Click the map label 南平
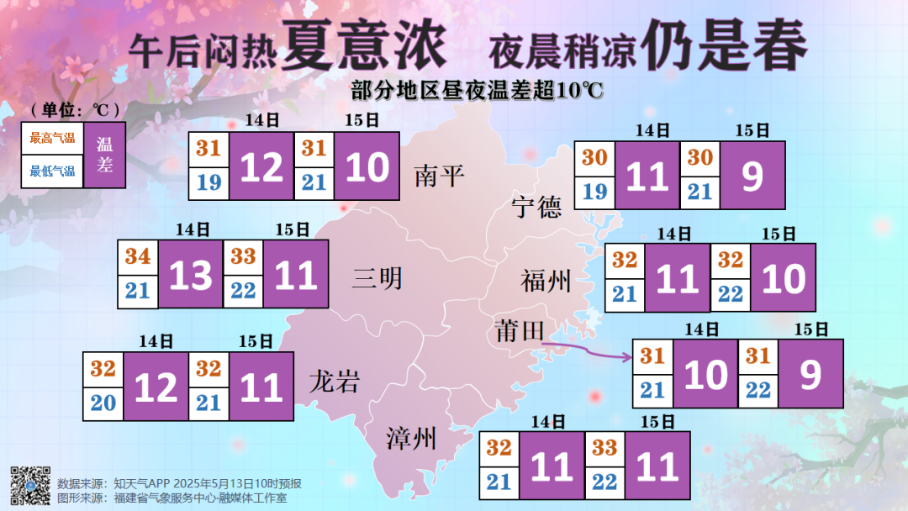pos(439,176)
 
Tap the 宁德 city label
pos(536,206)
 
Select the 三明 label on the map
pos(377,278)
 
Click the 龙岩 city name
pos(334,382)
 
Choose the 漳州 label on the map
pos(411,438)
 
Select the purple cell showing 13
pos(191,275)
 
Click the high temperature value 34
pos(138,256)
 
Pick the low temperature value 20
pos(103,403)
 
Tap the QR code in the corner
pos(30,485)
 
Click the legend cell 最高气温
pos(52,138)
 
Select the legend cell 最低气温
pos(52,171)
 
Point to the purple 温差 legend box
pos(105,155)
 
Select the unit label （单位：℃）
pos(75,110)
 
